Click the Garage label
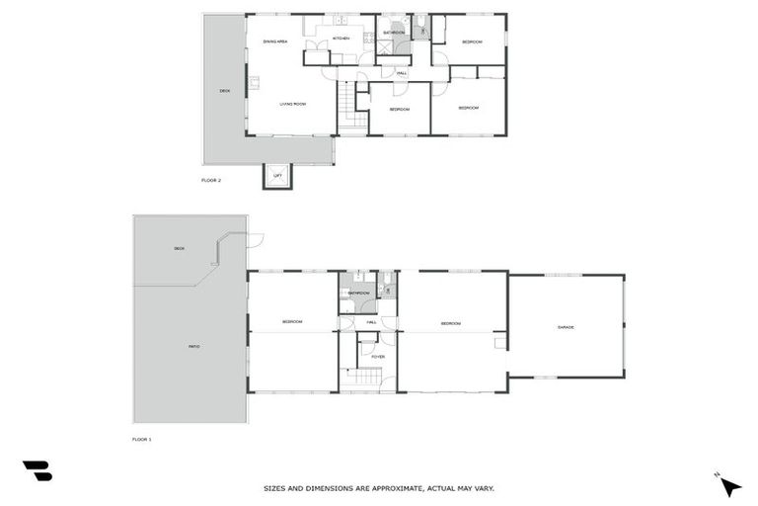566,326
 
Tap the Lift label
277,175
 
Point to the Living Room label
292,104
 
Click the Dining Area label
274,42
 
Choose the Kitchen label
341,39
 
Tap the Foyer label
377,356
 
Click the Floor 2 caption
211,180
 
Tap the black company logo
37,470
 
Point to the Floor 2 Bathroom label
395,33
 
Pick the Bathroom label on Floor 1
358,293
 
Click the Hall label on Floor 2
402,73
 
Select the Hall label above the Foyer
372,322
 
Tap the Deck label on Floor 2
224,91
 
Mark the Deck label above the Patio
179,247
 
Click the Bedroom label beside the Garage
451,323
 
